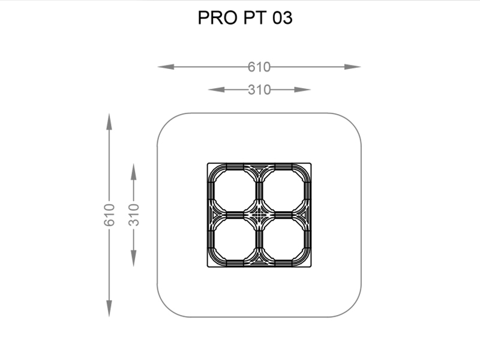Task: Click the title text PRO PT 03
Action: [x=245, y=17]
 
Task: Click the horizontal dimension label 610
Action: [x=259, y=67]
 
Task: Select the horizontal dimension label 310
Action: [x=259, y=90]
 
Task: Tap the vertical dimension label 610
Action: [x=109, y=215]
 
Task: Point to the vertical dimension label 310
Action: [x=134, y=215]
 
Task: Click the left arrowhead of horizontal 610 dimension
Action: [x=166, y=67]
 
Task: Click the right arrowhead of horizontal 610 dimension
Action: [x=353, y=67]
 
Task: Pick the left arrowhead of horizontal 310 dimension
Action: [x=216, y=89]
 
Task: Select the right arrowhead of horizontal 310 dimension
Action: [x=302, y=89]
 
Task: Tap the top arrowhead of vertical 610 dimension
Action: [x=109, y=122]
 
